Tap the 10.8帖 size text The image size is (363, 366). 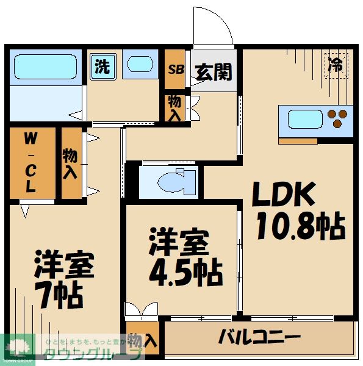tap(300, 228)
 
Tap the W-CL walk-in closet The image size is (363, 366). tap(29, 163)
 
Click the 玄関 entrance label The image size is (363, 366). tap(214, 72)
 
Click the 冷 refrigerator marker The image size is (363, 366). tap(336, 65)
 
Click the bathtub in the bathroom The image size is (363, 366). tap(43, 65)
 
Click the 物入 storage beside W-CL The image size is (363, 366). tap(71, 163)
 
